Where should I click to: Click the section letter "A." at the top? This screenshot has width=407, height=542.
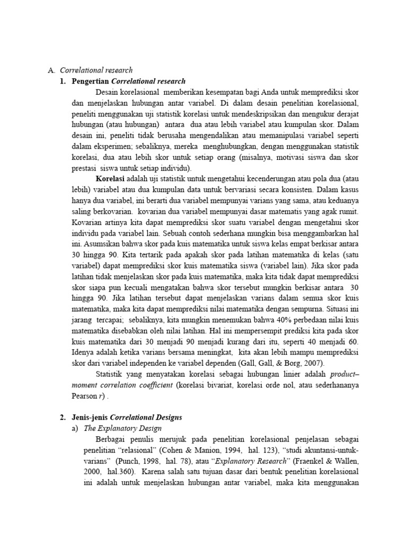pyautogui.click(x=51, y=70)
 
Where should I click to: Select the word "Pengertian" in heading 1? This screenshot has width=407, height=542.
pyautogui.click(x=90, y=81)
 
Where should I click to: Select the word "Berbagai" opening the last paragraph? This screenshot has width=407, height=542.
pyautogui.click(x=110, y=439)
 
